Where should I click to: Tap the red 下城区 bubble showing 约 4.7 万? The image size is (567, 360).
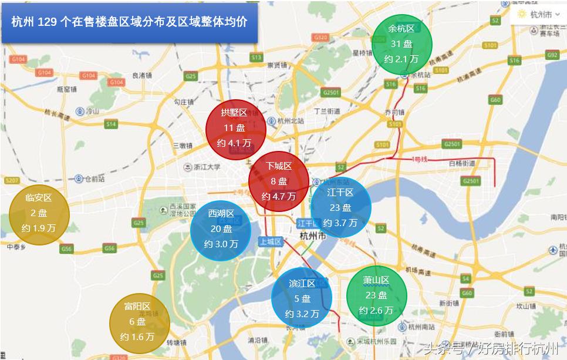point(278,181)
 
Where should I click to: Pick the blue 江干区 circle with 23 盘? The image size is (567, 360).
point(340,207)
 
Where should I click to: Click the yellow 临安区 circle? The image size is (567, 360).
point(39,214)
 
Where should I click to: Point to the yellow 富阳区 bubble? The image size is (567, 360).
point(139,322)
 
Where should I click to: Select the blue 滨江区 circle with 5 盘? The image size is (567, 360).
point(302,298)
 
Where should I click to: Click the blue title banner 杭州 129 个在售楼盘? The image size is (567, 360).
point(130,22)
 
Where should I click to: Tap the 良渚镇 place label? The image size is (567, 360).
point(142,75)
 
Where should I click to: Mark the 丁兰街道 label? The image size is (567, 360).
point(327,110)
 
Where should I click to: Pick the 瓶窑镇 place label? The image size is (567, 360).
point(66,89)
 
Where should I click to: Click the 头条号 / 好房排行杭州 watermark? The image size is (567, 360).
point(491,348)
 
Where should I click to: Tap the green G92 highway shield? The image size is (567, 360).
point(552,55)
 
